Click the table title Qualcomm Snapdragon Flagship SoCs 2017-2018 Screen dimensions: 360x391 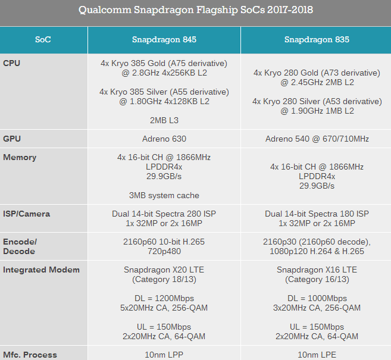coord(196,10)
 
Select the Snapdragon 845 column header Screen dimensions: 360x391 coord(164,40)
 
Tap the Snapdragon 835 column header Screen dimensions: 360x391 coord(317,40)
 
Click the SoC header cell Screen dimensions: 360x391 coord(43,40)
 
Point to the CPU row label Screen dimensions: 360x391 coord(12,62)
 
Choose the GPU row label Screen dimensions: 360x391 coord(12,139)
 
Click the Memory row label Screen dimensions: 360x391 coord(20,157)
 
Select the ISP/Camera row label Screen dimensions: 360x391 coord(27,214)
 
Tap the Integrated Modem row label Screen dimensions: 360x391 coord(41,270)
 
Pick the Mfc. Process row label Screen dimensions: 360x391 coord(30,355)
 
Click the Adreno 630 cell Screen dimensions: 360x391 coord(164,139)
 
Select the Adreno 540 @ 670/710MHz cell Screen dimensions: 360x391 coord(317,139)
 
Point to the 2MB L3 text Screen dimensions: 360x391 coord(164,120)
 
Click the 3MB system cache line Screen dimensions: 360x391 coord(164,195)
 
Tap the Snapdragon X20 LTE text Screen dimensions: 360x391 coord(164,270)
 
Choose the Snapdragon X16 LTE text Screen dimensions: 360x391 coord(317,270)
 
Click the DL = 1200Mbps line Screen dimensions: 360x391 coord(164,298)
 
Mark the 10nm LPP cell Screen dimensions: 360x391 coord(164,355)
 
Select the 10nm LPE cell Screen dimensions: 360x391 coord(317,355)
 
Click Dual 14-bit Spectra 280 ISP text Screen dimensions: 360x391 coord(164,214)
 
